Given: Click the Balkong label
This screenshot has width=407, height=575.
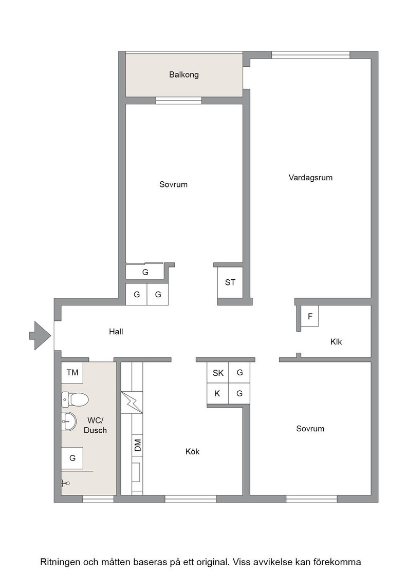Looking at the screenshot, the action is point(184,75).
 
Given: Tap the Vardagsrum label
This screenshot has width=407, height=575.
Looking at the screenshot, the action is point(310,178).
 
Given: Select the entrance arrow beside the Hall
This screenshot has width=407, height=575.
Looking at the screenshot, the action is point(40,336).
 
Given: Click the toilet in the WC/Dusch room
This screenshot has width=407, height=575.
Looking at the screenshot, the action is point(75,399).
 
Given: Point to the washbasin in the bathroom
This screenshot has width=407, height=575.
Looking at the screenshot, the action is point(69,421).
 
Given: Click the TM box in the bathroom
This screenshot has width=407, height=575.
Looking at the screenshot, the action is point(72,373).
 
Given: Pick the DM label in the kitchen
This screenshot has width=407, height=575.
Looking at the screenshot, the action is point(138,445).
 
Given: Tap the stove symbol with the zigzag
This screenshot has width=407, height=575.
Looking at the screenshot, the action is point(132,402).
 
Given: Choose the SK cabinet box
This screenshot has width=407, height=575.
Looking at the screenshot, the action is point(217,373).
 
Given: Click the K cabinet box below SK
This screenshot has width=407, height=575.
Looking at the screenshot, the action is point(217,394).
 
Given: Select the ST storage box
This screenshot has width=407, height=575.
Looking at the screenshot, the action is point(230,282).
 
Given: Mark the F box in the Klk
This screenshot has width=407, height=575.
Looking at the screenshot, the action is point(310,316).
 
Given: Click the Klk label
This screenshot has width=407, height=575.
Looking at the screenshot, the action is point(336,342).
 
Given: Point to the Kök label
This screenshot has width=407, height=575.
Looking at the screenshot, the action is point(192,452).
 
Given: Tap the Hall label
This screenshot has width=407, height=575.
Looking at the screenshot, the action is point(116,332).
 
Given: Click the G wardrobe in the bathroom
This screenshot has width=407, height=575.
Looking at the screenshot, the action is point(72,458).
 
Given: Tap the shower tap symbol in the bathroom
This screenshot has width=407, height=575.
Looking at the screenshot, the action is point(65,484).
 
